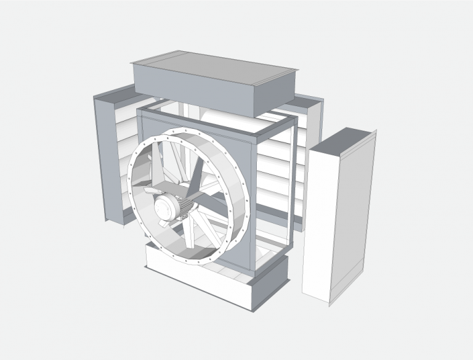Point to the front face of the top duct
(x=191, y=92)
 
